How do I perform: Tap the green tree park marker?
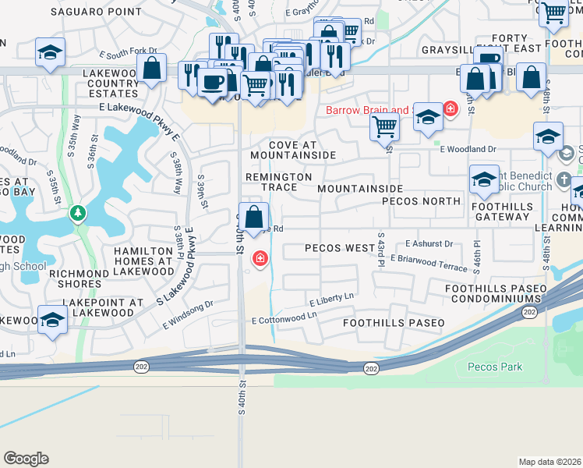click(77, 213)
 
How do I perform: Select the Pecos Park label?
click(495, 367)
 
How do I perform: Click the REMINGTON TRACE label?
click(278, 182)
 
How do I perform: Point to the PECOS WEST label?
click(339, 248)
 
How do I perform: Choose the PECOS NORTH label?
click(421, 200)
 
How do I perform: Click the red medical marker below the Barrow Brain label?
click(450, 108)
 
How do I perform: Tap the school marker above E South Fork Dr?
click(51, 53)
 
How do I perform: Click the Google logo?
click(26, 459)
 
